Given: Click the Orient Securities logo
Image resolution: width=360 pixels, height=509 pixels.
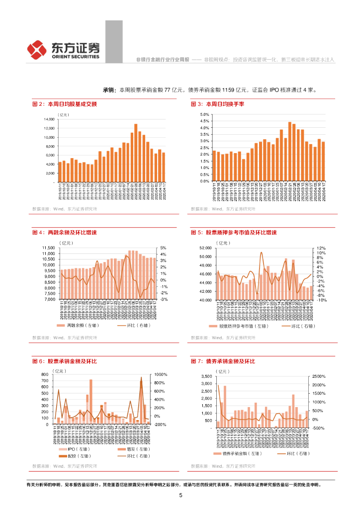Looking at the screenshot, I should coord(63,49).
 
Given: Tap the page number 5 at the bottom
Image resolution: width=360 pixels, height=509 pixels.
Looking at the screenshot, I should coord(180,495).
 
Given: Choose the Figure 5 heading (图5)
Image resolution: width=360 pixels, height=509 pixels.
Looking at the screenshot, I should coord(234,232).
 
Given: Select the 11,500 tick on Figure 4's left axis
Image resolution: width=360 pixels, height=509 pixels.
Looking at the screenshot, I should coord(48,248).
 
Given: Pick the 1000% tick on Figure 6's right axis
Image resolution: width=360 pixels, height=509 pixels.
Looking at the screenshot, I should coord(161,374).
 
